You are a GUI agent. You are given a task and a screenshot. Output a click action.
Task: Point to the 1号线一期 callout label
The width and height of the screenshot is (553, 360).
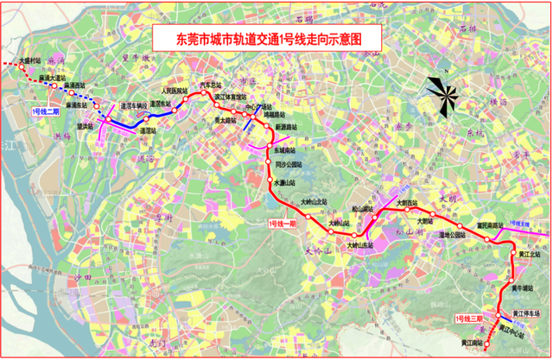(x=282, y=224)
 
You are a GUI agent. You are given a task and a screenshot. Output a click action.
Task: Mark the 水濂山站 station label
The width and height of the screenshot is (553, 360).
(x=286, y=183)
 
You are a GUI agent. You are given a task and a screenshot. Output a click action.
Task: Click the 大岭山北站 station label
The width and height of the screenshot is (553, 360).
(x=315, y=202)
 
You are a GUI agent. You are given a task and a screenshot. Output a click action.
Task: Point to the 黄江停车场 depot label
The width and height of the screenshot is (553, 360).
(x=529, y=316)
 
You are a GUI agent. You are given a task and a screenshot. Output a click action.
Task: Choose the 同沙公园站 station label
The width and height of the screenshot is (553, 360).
(x=289, y=164)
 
